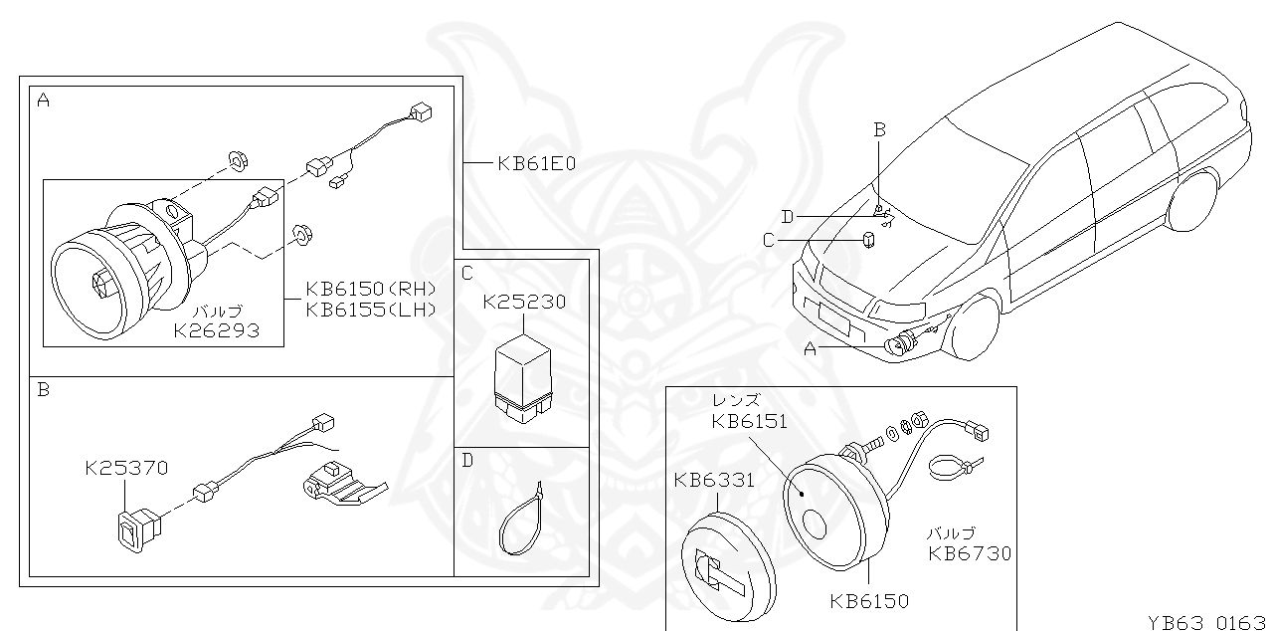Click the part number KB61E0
pyautogui.click(x=536, y=162)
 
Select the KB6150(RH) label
pyautogui.click(x=371, y=289)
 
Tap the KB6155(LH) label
pyautogui.click(x=371, y=309)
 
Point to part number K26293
pyautogui.click(x=216, y=329)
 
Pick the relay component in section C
pyautogui.click(x=523, y=375)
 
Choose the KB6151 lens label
pyautogui.click(x=749, y=421)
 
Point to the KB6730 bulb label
pyautogui.click(x=970, y=554)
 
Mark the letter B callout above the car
pyautogui.click(x=879, y=128)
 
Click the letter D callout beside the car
pyautogui.click(x=788, y=216)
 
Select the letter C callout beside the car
pyautogui.click(x=768, y=239)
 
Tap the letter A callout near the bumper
pyautogui.click(x=810, y=348)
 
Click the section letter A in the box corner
pyautogui.click(x=43, y=100)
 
